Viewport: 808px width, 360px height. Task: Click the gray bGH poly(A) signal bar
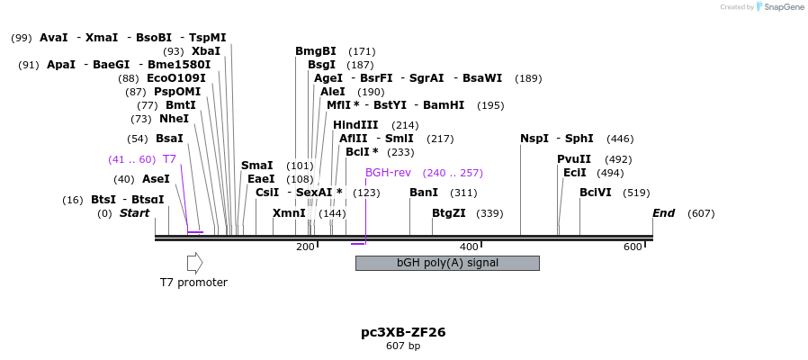[447, 263]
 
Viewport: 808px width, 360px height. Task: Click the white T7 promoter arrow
[194, 263]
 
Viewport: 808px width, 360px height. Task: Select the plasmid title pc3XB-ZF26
[403, 332]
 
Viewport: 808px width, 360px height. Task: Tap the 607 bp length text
[403, 346]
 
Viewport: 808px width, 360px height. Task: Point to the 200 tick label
[305, 247]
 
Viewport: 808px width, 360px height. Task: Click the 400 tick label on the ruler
[469, 247]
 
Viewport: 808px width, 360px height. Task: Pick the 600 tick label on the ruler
[633, 247]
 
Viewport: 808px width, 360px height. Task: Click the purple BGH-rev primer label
[388, 173]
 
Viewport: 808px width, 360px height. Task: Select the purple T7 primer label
[169, 159]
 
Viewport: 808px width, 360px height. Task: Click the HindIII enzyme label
[355, 125]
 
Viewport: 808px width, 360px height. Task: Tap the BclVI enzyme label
[596, 193]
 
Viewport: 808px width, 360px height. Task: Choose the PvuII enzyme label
[574, 159]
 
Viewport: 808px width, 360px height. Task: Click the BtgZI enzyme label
[449, 213]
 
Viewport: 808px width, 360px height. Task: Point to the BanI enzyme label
[424, 193]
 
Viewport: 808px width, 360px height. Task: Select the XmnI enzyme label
[289, 213]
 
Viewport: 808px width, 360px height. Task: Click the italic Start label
[134, 213]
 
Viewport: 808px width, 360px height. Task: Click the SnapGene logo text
[783, 7]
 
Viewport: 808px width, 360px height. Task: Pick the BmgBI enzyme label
[315, 51]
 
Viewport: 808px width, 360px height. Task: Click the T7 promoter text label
[193, 283]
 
